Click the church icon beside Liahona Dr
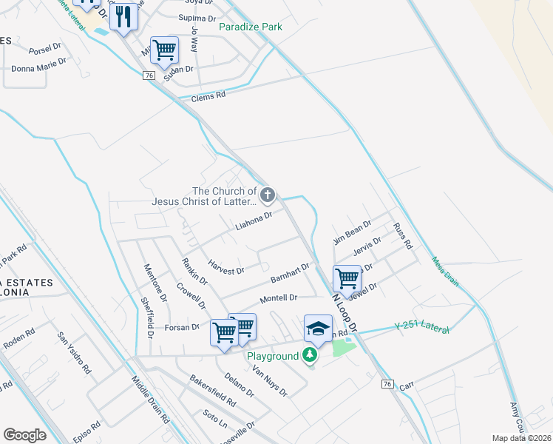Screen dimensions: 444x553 point(268,195)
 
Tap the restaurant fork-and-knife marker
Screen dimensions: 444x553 point(123,16)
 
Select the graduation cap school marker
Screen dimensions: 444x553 point(318,329)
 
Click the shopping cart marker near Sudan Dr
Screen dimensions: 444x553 point(164,50)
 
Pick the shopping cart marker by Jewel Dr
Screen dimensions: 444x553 point(347,278)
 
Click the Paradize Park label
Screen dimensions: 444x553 point(251,27)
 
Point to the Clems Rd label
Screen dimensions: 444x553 point(208,97)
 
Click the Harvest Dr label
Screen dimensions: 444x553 point(225,266)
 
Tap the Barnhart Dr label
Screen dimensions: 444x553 point(289,272)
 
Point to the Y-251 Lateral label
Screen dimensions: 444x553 point(421,326)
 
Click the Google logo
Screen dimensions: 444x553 point(24,435)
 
